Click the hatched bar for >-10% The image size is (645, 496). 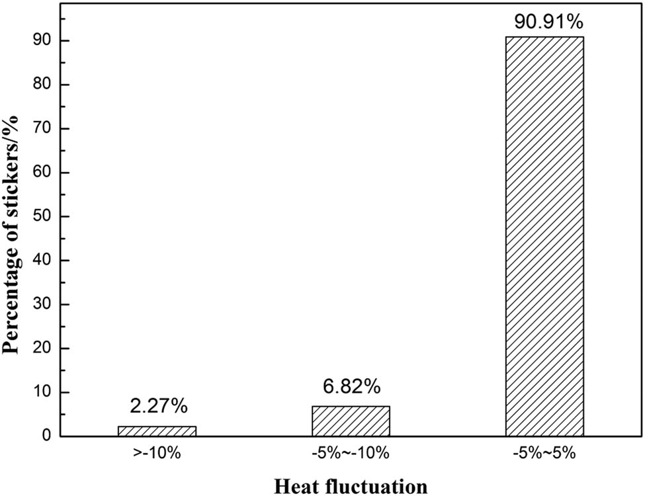tap(157, 431)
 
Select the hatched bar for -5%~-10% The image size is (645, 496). tap(351, 421)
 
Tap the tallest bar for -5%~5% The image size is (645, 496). tap(544, 237)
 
